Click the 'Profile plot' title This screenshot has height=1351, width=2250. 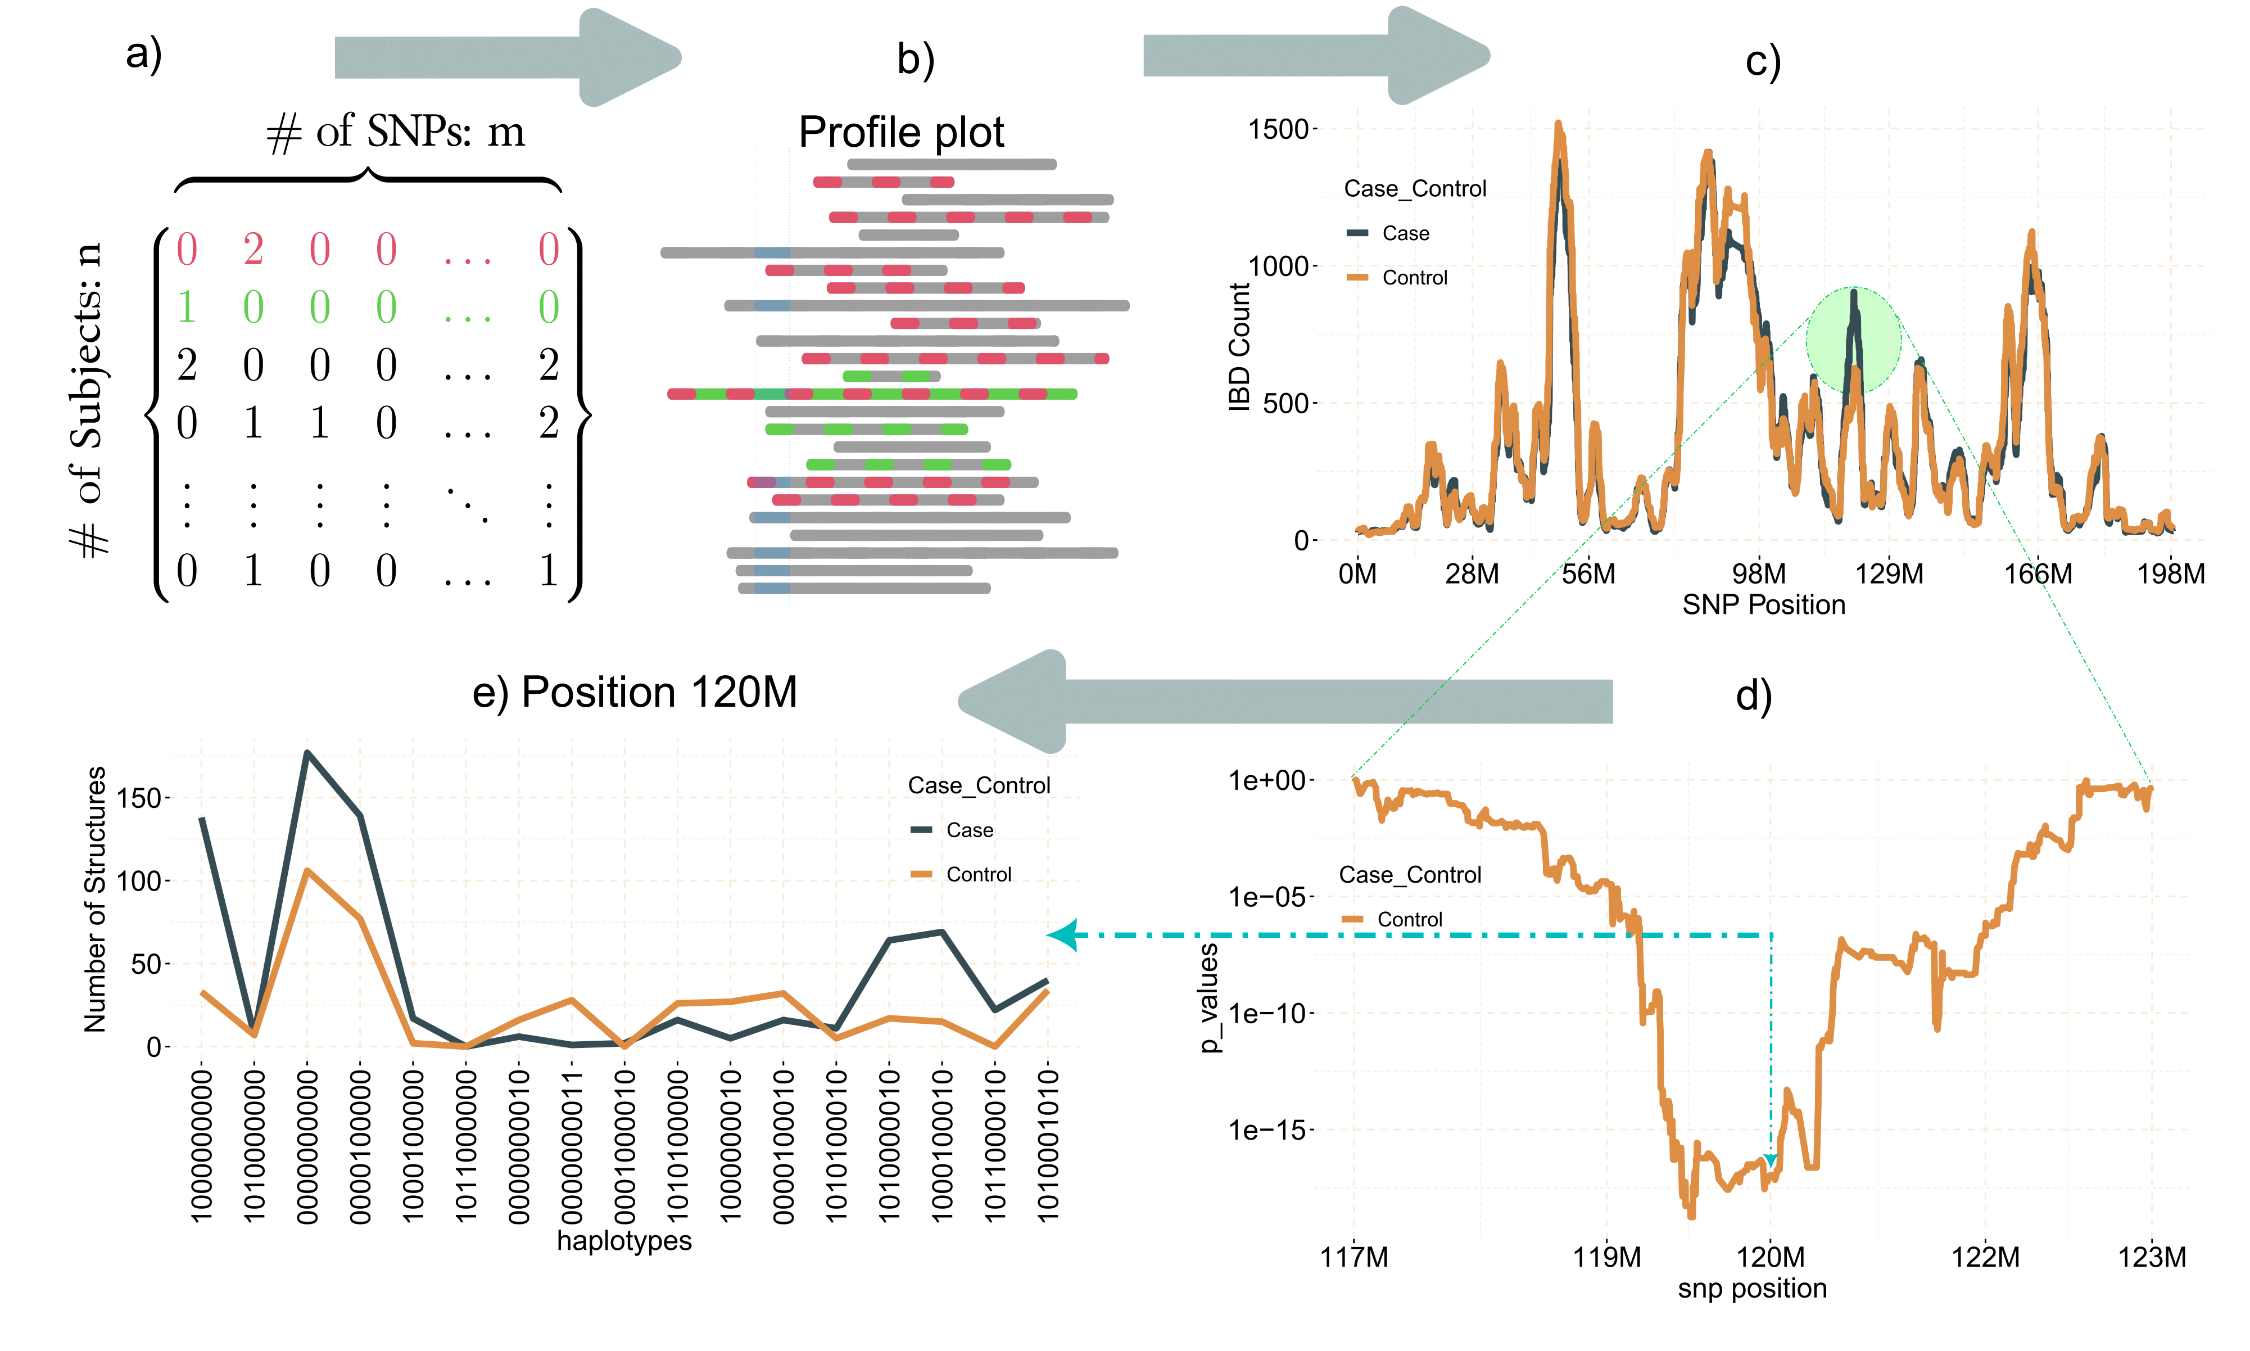coord(901,133)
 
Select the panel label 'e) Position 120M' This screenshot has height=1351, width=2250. coord(635,693)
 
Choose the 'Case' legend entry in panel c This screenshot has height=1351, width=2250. coord(1405,234)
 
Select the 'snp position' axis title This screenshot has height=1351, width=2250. coord(1752,1289)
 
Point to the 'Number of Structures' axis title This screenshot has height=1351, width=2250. coord(94,900)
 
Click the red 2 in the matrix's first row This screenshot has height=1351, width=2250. coord(253,250)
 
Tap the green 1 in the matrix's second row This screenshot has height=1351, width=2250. coord(187,308)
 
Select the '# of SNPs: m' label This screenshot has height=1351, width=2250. coord(396,133)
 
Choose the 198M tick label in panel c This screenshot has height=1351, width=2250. coord(2171,575)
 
